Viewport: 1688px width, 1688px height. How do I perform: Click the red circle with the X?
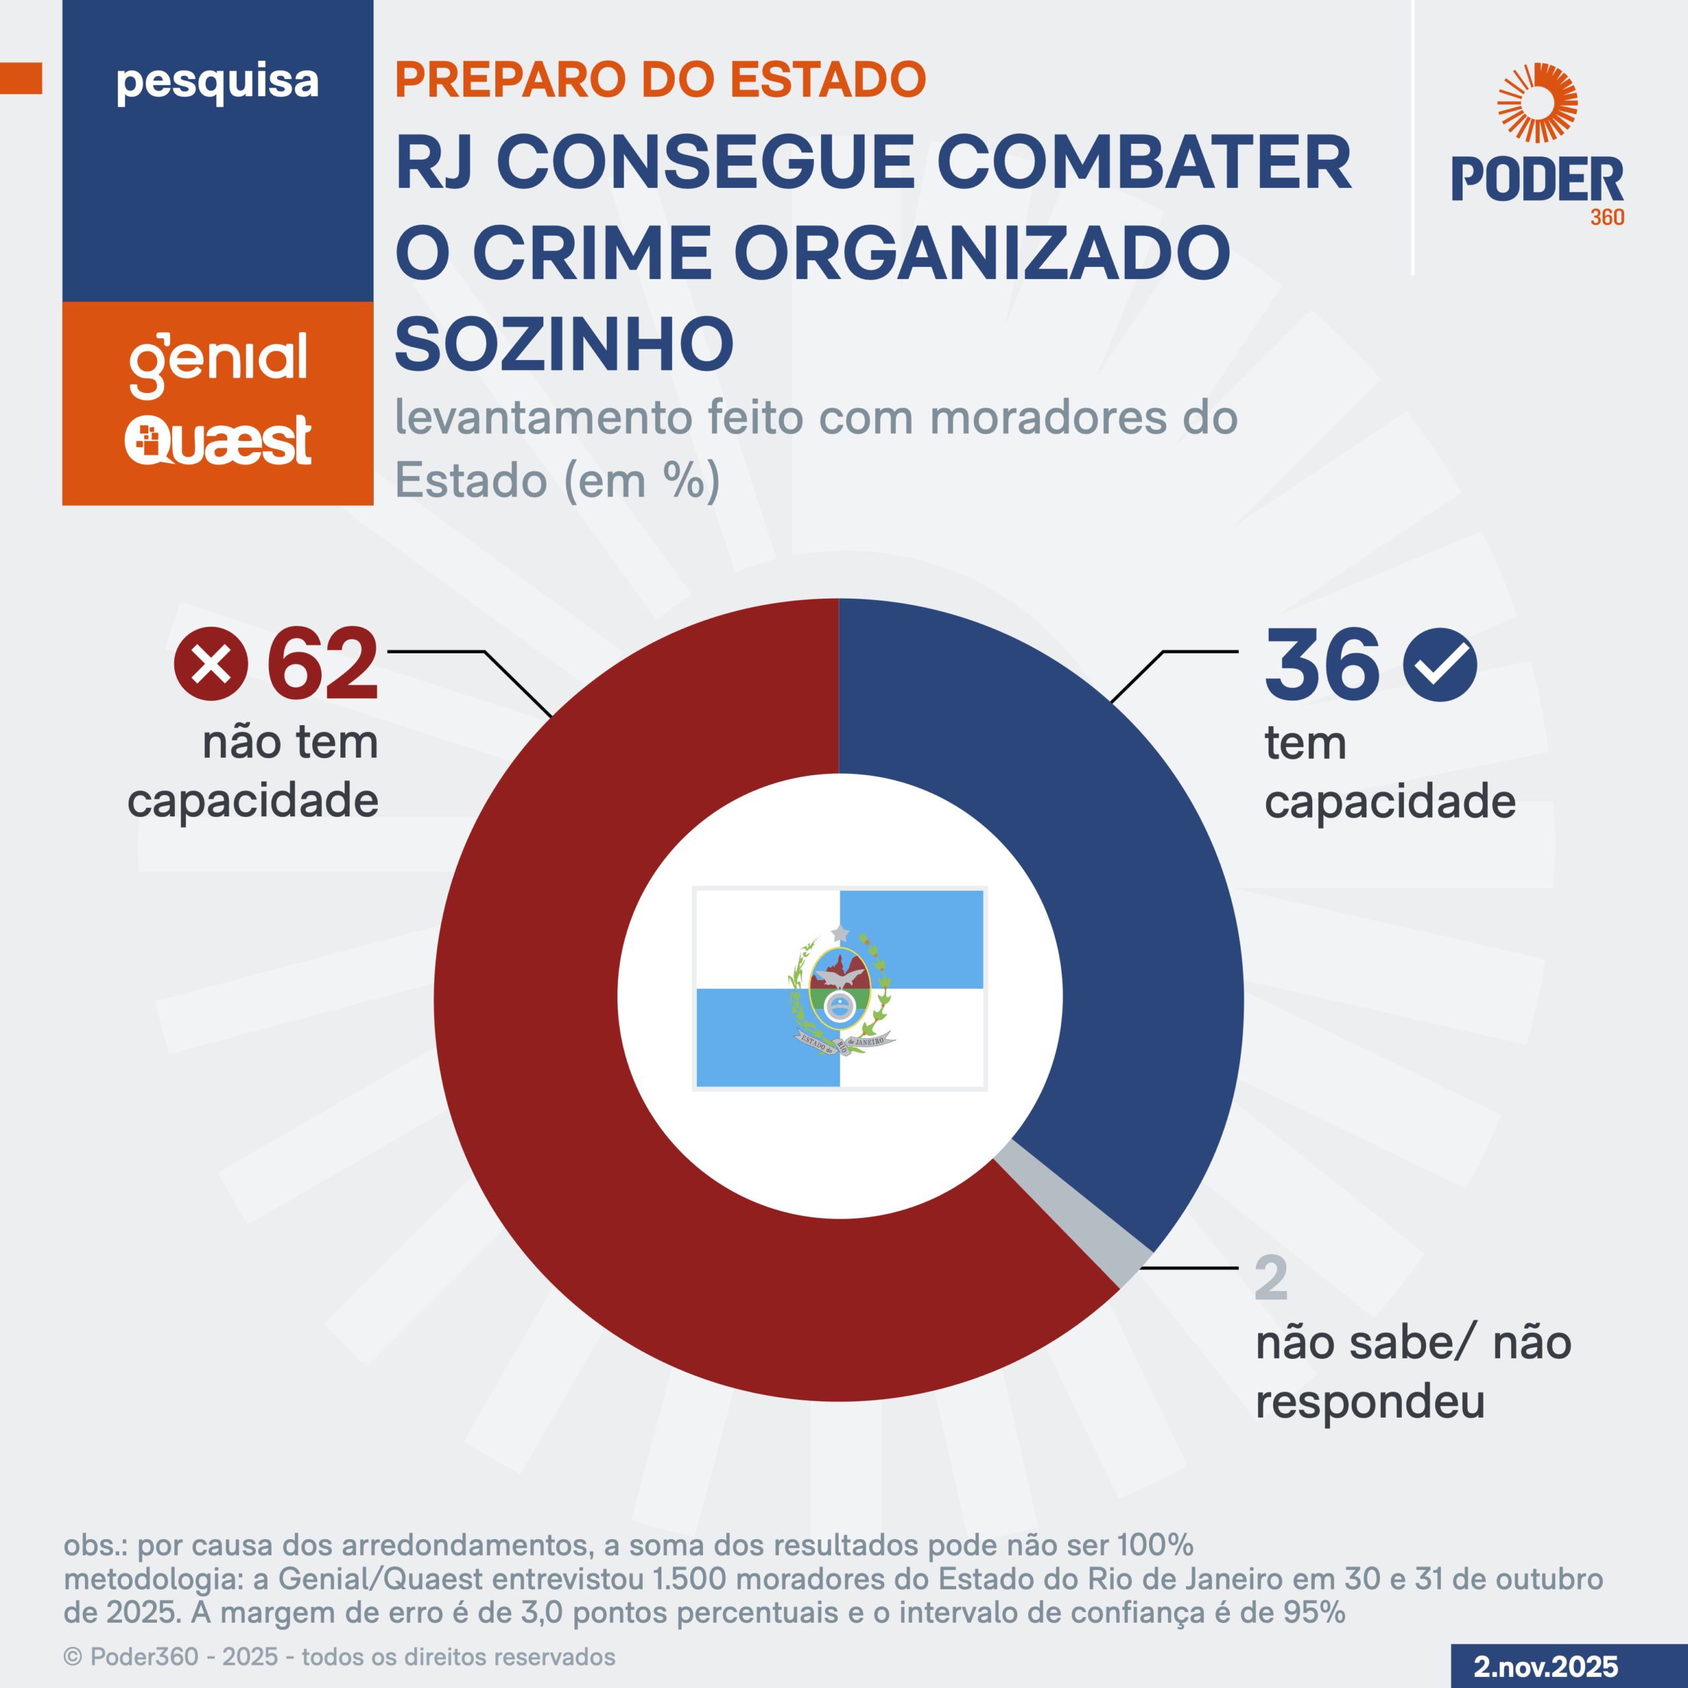click(210, 664)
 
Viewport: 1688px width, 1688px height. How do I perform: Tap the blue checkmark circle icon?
click(1440, 664)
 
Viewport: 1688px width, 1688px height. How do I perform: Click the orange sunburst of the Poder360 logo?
click(1537, 102)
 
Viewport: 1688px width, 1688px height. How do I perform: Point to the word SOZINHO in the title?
click(564, 344)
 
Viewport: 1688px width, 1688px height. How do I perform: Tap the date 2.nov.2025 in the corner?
click(1546, 1666)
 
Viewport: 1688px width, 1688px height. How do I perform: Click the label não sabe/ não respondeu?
click(1413, 1371)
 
